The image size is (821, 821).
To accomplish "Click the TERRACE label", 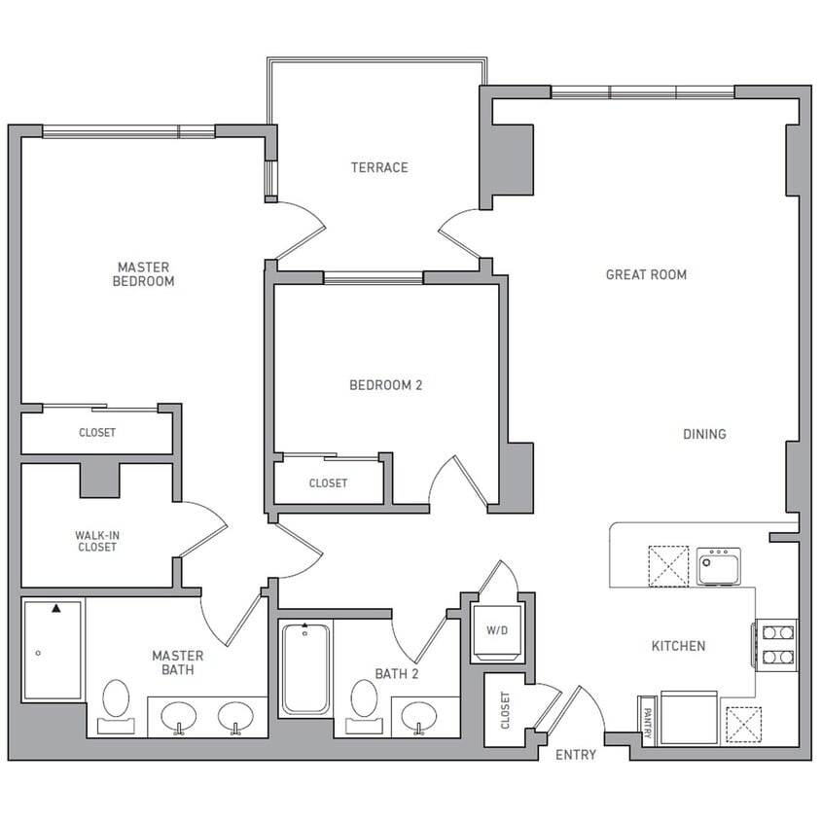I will pyautogui.click(x=379, y=167).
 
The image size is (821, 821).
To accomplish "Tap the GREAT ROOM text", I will pyautogui.click(x=646, y=274).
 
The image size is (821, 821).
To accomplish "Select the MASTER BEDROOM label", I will pyautogui.click(x=144, y=274).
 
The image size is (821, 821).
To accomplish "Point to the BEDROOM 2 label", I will pyautogui.click(x=385, y=385).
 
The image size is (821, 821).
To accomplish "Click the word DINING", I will pyautogui.click(x=704, y=434).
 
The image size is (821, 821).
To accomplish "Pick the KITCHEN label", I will pyautogui.click(x=678, y=646).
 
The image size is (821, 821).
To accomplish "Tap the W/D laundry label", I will pyautogui.click(x=497, y=629).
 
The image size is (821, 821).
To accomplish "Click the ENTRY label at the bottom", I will pyautogui.click(x=575, y=755).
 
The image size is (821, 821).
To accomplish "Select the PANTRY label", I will pyautogui.click(x=647, y=720).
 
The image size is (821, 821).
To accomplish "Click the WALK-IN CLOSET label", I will pyautogui.click(x=96, y=541).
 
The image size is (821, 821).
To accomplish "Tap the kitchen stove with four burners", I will pyautogui.click(x=776, y=644).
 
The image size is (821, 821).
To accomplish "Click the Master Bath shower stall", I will pyautogui.click(x=53, y=649).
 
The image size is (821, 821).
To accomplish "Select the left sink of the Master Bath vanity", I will pyautogui.click(x=178, y=717).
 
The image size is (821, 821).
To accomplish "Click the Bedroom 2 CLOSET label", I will pyautogui.click(x=328, y=483).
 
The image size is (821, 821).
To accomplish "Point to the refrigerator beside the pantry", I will pyautogui.click(x=688, y=718).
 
